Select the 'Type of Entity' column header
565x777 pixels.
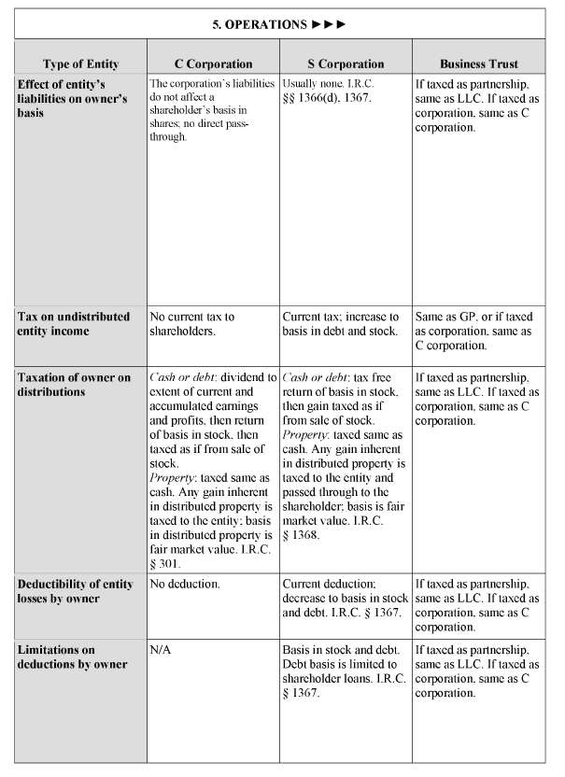point(80,64)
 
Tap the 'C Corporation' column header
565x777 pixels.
point(214,64)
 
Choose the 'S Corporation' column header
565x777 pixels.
point(345,64)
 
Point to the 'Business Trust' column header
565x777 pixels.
point(478,64)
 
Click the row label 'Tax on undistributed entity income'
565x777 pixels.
point(74,324)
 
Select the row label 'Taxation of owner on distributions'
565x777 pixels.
point(74,385)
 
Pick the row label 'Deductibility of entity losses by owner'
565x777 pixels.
point(72,590)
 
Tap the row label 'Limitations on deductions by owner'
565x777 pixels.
point(70,657)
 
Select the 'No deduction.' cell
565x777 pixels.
point(185,584)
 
